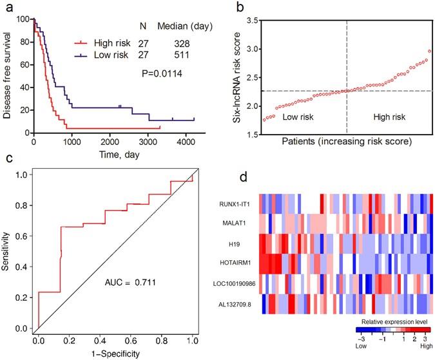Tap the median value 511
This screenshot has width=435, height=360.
[186, 56]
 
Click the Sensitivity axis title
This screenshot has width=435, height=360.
[7, 254]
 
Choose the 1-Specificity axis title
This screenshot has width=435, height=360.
[114, 352]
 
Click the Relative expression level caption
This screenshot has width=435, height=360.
[392, 319]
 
